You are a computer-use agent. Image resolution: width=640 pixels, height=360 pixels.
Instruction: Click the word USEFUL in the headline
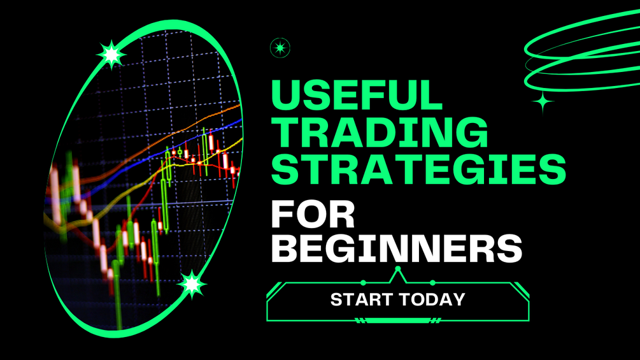coord(357,95)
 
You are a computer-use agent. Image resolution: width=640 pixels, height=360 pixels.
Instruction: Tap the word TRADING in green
coord(379,132)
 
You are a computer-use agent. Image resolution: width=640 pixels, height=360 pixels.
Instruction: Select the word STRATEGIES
coord(418,169)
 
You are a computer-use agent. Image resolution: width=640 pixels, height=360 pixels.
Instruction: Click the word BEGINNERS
coord(397,248)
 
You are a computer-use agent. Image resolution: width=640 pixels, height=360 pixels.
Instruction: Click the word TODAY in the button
coord(432,299)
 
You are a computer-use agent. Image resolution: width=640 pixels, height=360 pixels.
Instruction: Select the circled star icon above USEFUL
coord(280,48)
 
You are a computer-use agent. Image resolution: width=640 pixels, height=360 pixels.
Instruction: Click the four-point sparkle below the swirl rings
coord(543,102)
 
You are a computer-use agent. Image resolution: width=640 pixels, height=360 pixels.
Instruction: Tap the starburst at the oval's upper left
coord(111,54)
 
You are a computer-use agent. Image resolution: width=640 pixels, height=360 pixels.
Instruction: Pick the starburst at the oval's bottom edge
coord(192,284)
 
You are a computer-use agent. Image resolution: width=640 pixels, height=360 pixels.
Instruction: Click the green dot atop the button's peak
coord(398,269)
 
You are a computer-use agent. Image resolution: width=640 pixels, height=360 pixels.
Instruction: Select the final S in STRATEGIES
coord(552,169)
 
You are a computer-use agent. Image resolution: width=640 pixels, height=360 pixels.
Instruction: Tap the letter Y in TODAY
coord(459,299)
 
